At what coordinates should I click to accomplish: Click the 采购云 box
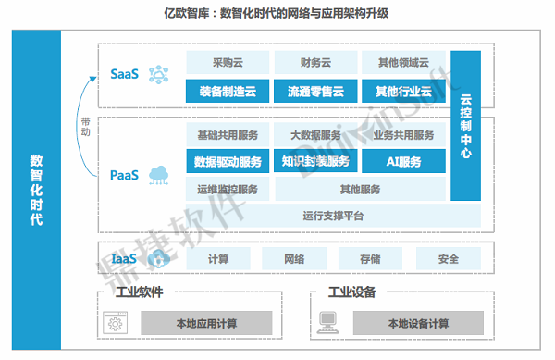[x=228, y=63]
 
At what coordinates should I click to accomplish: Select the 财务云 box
[x=315, y=63]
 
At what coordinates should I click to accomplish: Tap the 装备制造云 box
[x=228, y=92]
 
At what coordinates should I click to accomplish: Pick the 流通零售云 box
[x=315, y=92]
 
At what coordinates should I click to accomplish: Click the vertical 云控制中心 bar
[x=466, y=126]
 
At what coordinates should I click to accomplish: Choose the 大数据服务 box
[x=315, y=135]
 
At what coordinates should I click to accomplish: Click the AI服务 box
[x=403, y=161]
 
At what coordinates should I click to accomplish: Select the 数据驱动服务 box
[x=228, y=161]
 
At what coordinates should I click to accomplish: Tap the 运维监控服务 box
[x=228, y=190]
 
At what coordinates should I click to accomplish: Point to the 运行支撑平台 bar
[x=333, y=216]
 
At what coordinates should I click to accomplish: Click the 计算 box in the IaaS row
[x=218, y=259]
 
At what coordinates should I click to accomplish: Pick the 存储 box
[x=370, y=259]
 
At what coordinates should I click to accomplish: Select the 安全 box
[x=449, y=259]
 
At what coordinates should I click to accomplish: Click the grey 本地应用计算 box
[x=206, y=323]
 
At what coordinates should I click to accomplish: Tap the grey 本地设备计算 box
[x=418, y=323]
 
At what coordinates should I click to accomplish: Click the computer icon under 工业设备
[x=327, y=322]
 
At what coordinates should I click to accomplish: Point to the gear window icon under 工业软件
[x=115, y=323]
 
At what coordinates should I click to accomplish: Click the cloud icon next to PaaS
[x=158, y=175]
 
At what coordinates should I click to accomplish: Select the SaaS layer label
[x=124, y=74]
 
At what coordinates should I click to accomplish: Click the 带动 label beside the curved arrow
[x=86, y=127]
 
